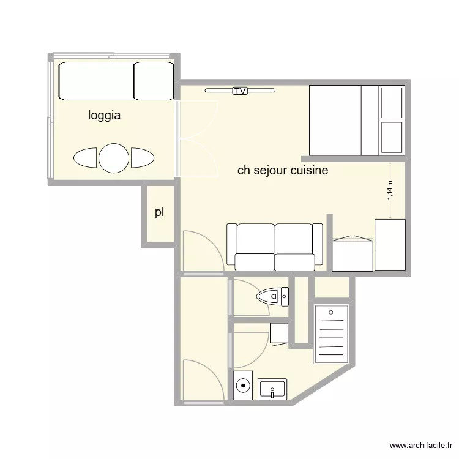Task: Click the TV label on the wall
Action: pos(240,91)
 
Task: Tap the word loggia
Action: pos(104,115)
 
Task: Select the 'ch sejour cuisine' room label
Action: pos(282,171)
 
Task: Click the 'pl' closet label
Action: pos(159,213)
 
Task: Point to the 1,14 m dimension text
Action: pos(390,190)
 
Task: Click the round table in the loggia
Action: pos(114,158)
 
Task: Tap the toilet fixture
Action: pos(274,297)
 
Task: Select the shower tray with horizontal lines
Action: pos(331,334)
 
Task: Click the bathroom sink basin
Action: pos(272,389)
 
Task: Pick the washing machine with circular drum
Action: pos(244,386)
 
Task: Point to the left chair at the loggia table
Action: pos(86,158)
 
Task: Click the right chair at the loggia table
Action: pos(142,158)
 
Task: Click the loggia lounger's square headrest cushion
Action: pos(153,80)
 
